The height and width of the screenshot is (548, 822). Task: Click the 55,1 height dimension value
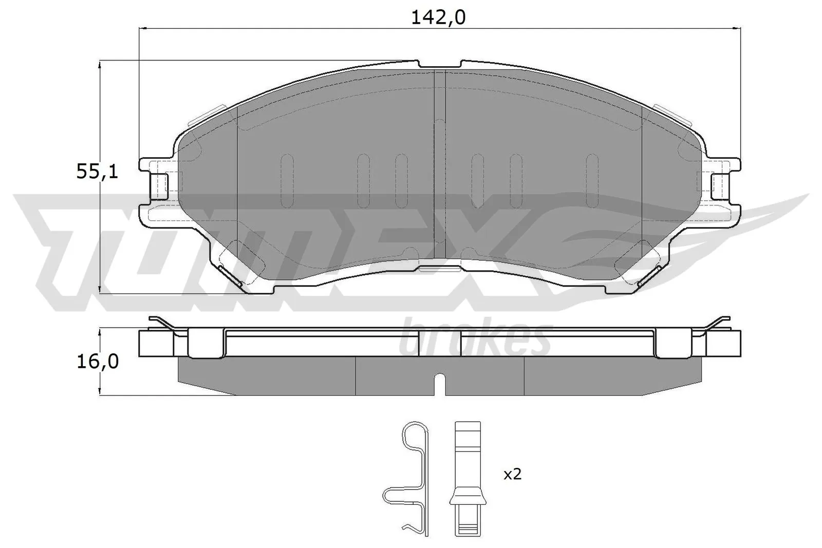tap(97, 172)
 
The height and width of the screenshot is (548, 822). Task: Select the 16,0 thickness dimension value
tap(97, 362)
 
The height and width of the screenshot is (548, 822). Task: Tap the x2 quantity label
tap(512, 474)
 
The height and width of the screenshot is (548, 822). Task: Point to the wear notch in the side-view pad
tap(440, 384)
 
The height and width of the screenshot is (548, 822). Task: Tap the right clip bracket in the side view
tap(672, 343)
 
